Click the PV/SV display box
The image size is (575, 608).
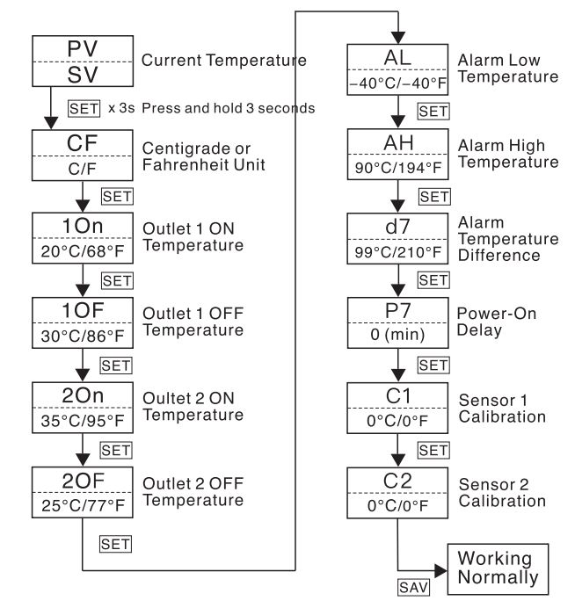pyautogui.click(x=82, y=62)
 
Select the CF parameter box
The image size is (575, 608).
pyautogui.click(x=82, y=154)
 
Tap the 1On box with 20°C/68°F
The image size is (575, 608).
pyautogui.click(x=82, y=237)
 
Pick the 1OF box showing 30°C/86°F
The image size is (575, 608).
pyautogui.click(x=82, y=322)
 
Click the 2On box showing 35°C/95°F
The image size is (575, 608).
pyautogui.click(x=82, y=406)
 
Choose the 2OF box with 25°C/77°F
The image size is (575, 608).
pyautogui.click(x=82, y=490)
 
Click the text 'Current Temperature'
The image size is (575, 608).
pyautogui.click(x=223, y=62)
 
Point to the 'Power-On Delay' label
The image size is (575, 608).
pyautogui.click(x=497, y=321)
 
